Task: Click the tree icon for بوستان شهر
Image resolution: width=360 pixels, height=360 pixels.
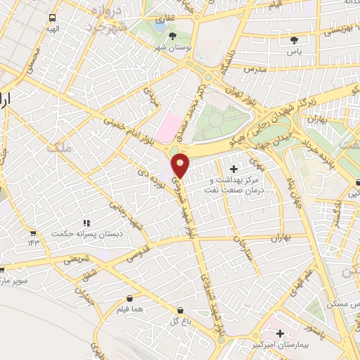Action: click(173, 34)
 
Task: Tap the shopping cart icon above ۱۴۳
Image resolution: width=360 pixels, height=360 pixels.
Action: click(32, 233)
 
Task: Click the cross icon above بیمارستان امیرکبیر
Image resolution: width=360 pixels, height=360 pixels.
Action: click(281, 333)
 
